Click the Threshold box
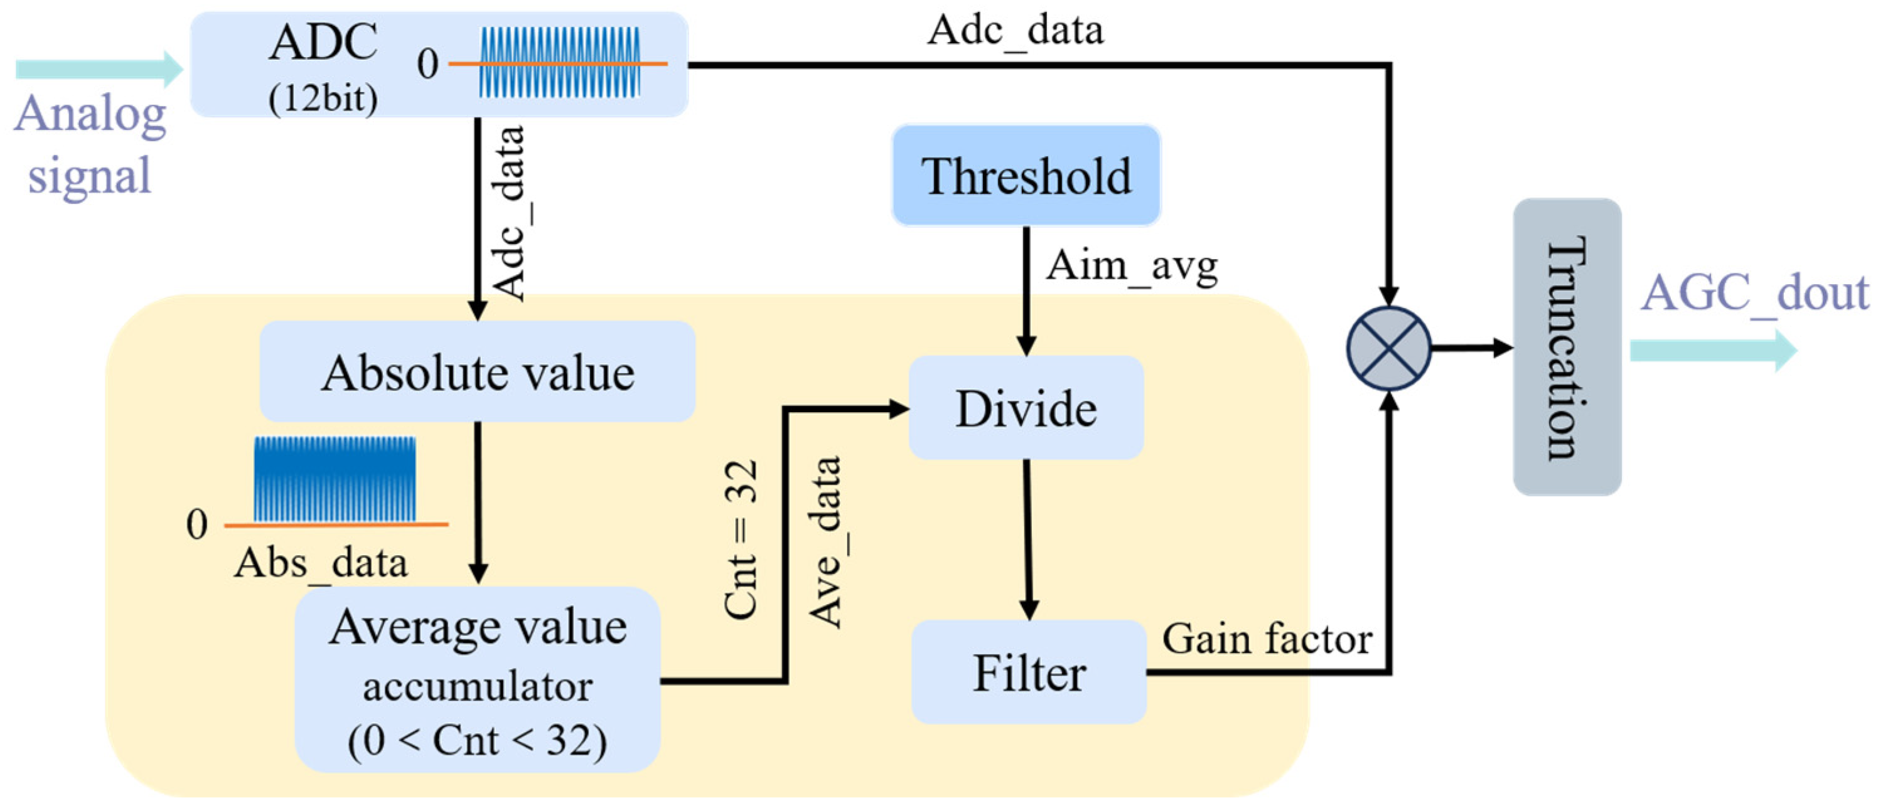1026,176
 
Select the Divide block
1026,408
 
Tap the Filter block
1029,672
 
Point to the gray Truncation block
1567,347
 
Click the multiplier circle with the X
1389,347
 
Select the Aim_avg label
1132,267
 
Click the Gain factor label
1267,639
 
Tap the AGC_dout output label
1755,294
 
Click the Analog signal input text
90,144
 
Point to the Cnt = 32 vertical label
741,540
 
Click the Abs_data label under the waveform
321,563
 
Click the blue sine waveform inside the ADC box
559,63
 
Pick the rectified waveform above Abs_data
335,479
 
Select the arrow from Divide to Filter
1028,539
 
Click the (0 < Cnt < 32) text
478,741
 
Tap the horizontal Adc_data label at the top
1015,31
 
